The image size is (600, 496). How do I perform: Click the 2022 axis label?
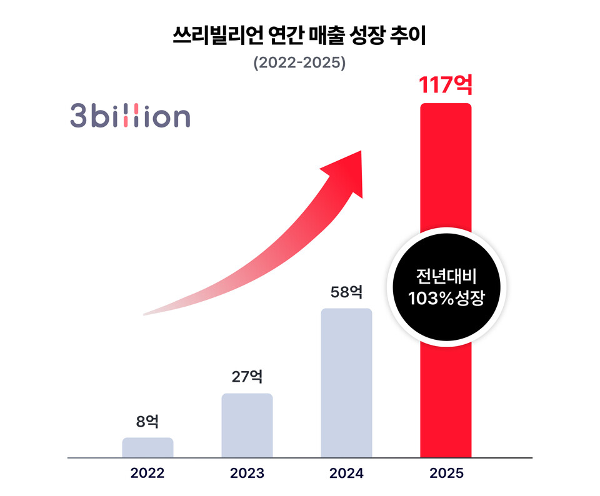click(147, 473)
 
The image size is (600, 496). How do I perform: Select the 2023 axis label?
click(247, 473)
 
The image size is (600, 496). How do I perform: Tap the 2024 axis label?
click(346, 473)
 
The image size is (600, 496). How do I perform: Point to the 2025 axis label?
click(446, 473)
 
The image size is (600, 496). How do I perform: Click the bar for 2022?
click(147, 447)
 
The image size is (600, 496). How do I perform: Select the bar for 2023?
click(247, 425)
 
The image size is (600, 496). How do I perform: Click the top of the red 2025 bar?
click(446, 107)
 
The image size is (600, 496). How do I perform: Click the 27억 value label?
click(247, 377)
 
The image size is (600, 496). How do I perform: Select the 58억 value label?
click(346, 292)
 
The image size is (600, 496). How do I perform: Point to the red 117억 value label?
click(446, 84)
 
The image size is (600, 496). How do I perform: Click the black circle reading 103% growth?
click(446, 287)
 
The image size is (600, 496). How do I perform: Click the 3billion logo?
click(129, 117)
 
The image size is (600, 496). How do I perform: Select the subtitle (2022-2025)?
click(299, 63)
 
